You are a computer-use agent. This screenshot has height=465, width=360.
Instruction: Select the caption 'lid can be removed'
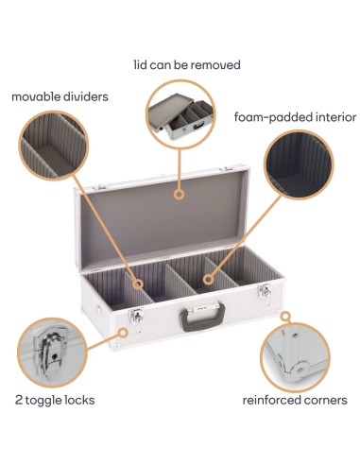point(186,65)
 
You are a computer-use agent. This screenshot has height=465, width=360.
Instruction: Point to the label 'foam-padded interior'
point(295,117)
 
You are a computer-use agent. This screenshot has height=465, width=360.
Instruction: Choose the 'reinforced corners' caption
point(295,400)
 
